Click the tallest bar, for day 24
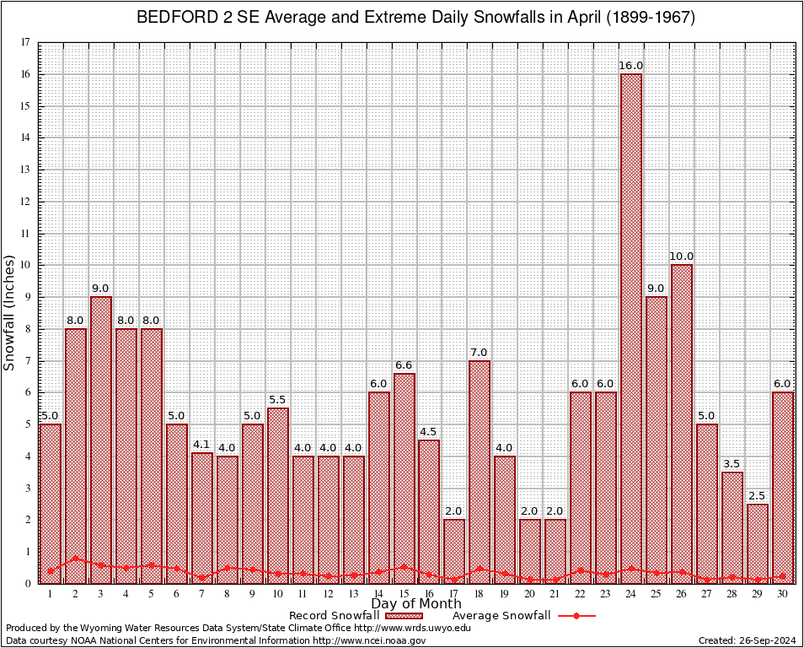point(630,329)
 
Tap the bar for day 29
point(757,543)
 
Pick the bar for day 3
point(101,439)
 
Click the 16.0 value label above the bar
point(631,65)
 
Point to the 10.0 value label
point(681,256)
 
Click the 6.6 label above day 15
point(404,364)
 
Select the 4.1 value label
point(201,444)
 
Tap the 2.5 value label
point(757,495)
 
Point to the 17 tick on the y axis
point(25,42)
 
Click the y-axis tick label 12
point(25,202)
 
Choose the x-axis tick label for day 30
point(782,594)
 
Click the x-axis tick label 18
point(480,594)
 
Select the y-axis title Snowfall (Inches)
point(9,312)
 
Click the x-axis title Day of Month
point(416,604)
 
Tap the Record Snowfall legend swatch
point(404,616)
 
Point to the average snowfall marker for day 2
point(76,558)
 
